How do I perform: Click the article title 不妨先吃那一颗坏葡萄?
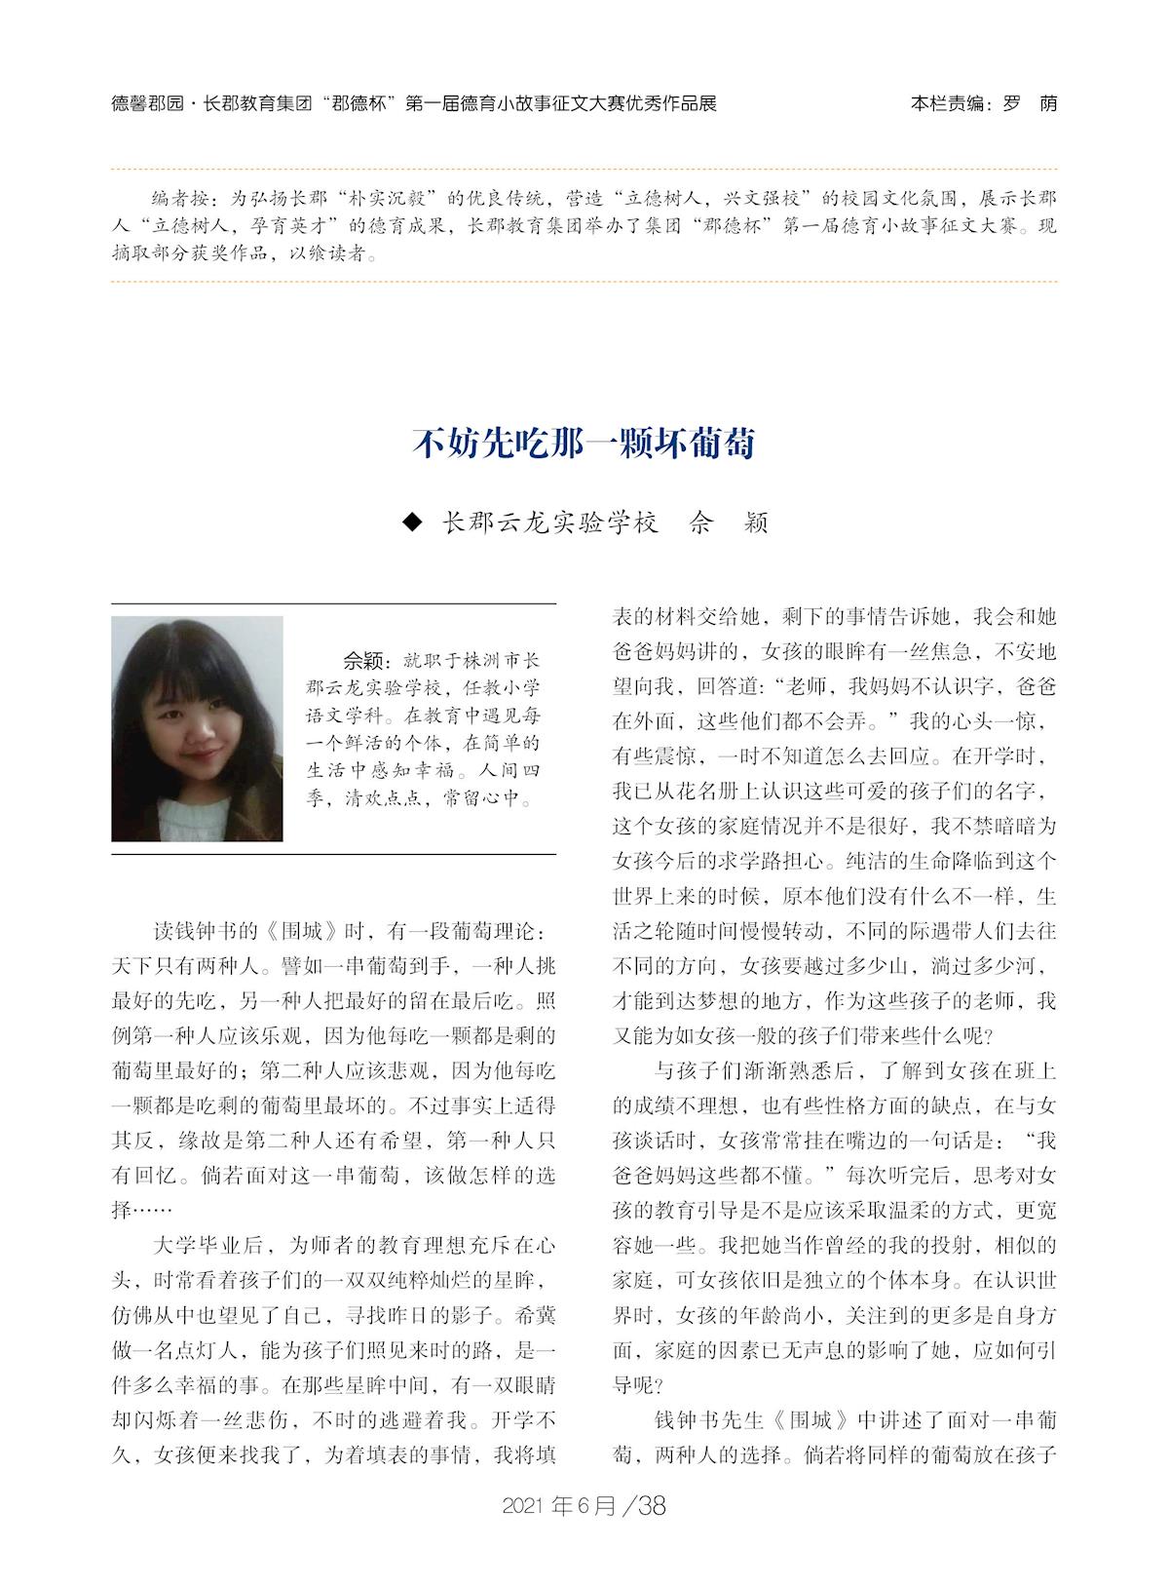point(584,444)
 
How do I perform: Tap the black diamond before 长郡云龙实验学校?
point(413,523)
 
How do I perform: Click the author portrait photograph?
point(197,728)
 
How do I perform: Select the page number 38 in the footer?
point(650,1506)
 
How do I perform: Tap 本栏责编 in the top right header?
point(947,103)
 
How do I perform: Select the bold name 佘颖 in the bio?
point(365,659)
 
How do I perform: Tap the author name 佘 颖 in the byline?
point(729,523)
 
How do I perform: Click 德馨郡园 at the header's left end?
point(144,103)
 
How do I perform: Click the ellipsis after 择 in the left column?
point(152,1211)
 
